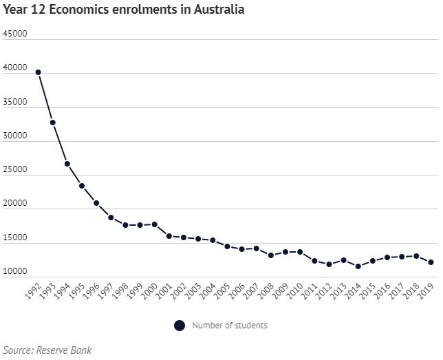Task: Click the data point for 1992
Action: (x=39, y=72)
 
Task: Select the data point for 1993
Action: (x=53, y=123)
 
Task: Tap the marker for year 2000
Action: (x=155, y=224)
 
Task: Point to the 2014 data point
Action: (x=358, y=266)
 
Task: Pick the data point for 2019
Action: (x=431, y=262)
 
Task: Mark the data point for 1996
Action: (x=96, y=203)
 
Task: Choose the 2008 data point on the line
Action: (x=271, y=255)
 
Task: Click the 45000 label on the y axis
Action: (x=15, y=34)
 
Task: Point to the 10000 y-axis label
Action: (x=15, y=272)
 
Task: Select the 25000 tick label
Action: (x=15, y=170)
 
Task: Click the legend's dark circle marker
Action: (x=180, y=326)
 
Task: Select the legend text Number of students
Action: (x=230, y=326)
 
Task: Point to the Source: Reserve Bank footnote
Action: (x=47, y=350)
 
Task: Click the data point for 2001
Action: (x=169, y=236)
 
